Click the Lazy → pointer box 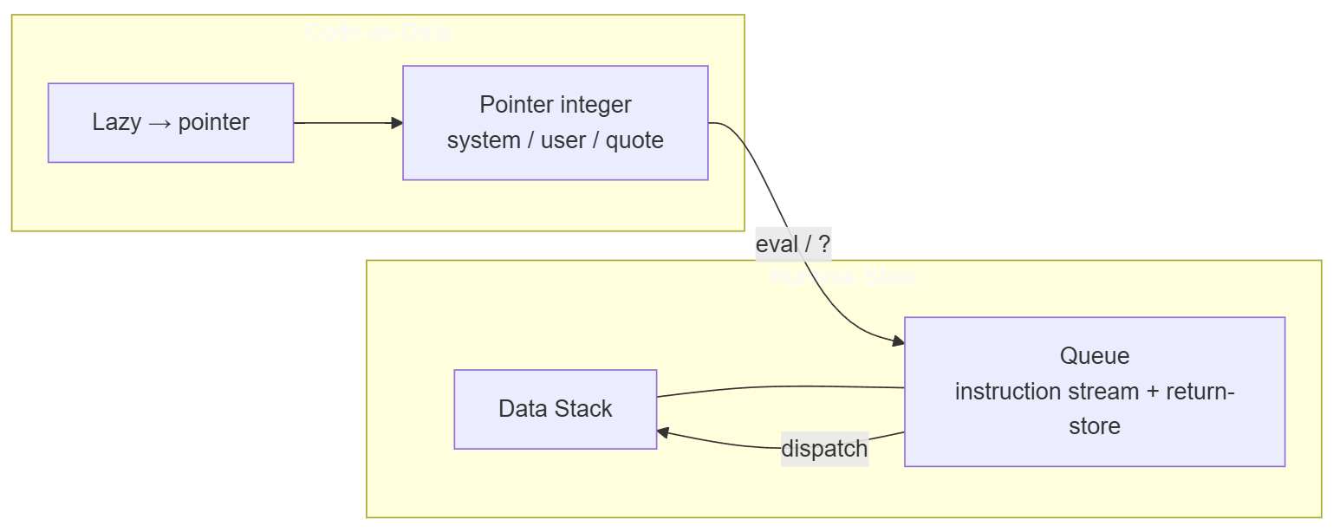click(171, 122)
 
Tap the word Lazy click(116, 122)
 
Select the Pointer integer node click(555, 122)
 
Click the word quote click(634, 140)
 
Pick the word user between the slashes click(563, 140)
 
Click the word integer click(595, 105)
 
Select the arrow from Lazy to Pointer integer click(347, 123)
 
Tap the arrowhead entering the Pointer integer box click(398, 123)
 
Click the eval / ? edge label click(793, 244)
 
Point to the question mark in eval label click(824, 244)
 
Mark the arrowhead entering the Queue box click(899, 341)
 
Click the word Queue click(1094, 356)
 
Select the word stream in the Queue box click(1104, 392)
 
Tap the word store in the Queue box click(1094, 426)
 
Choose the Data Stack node click(555, 409)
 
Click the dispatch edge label click(824, 449)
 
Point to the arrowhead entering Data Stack click(663, 432)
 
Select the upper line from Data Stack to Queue click(780, 387)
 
